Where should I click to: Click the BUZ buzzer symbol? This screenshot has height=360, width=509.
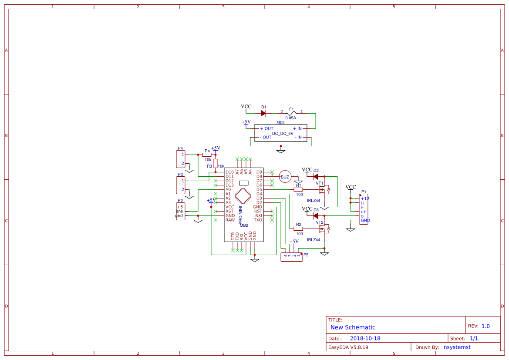coord(285,177)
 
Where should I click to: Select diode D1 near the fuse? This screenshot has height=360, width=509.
coord(263,113)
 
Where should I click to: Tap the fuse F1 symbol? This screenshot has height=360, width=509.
coord(292,113)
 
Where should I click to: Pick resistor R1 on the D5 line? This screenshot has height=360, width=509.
coord(298,189)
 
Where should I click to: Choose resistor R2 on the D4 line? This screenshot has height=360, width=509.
coord(298,229)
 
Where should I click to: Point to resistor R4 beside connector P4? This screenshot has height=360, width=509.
coord(207,155)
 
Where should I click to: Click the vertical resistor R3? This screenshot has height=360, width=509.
coord(216,163)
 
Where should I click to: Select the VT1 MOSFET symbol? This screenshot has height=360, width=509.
coord(324,190)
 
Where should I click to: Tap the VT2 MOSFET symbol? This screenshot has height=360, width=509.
coord(324,229)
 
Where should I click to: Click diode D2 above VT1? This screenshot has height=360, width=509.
coord(316,176)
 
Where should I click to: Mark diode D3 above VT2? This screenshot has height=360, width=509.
coord(316,215)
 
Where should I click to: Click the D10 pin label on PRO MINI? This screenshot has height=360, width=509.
coord(229,172)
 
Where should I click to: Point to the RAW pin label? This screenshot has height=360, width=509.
coord(230,220)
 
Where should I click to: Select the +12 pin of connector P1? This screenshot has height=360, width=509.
coord(365,199)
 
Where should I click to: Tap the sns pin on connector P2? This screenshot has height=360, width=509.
coord(179,211)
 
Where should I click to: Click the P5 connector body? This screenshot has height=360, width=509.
coord(291,257)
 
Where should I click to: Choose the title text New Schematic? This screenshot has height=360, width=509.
coord(353,327)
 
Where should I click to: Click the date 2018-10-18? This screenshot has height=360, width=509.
coord(365,339)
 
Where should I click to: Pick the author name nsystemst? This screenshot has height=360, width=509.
coord(457,347)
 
